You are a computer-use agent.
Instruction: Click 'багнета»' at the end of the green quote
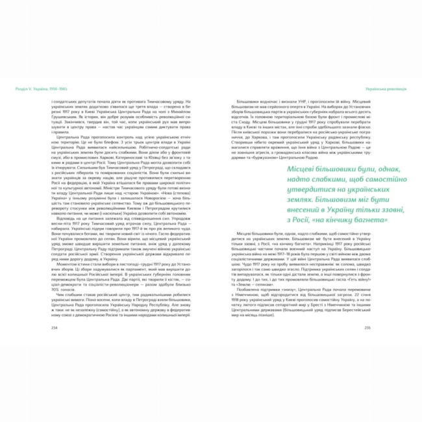pyautogui.click(x=355, y=221)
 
